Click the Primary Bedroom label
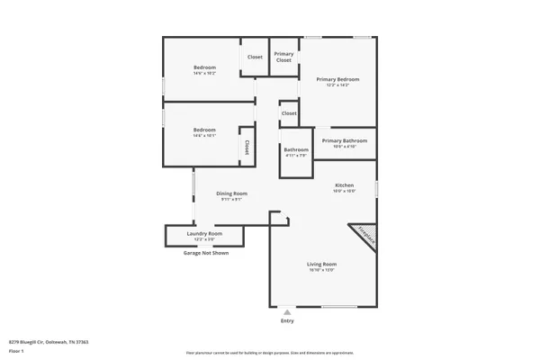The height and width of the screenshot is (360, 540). [337, 79]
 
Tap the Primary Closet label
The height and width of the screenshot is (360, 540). [283, 57]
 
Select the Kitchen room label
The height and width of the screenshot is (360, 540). [344, 185]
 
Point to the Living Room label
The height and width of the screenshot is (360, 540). [322, 264]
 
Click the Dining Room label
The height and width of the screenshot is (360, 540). [231, 193]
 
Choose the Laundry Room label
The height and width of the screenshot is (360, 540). [204, 234]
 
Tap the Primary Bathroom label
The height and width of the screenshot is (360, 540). [344, 140]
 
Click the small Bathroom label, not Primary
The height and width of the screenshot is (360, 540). [296, 149]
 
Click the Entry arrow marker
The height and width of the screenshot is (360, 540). [287, 312]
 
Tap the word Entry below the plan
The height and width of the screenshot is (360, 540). [287, 320]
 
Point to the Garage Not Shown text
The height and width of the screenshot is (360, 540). [206, 253]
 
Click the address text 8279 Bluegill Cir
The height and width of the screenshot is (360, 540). [49, 342]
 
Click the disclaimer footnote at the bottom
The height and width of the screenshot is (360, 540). [270, 355]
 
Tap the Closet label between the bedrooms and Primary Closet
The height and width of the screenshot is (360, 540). [256, 57]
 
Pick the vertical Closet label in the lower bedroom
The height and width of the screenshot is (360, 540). [245, 146]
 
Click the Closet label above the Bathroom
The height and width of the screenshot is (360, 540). [289, 113]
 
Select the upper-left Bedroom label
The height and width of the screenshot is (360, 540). [204, 67]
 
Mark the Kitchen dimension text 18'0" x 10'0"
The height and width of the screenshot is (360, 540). [344, 191]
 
